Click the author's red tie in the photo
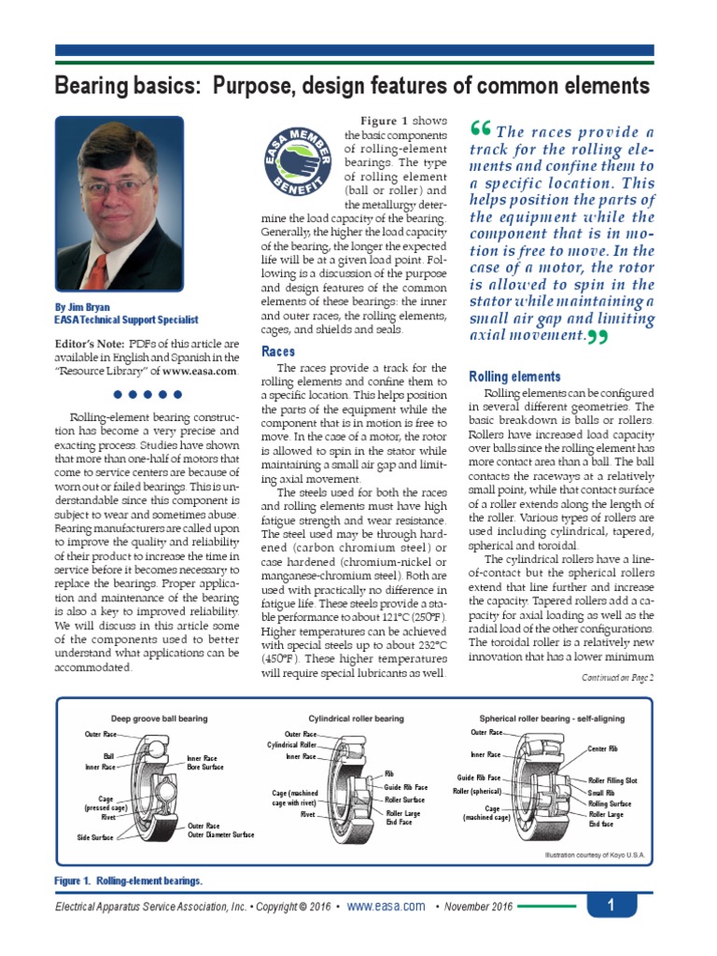(97, 272)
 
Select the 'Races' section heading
(278, 352)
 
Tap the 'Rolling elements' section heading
(514, 376)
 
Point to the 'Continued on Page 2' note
(618, 678)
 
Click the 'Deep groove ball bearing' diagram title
(160, 719)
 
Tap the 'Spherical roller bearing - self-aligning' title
(552, 719)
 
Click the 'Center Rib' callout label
(603, 749)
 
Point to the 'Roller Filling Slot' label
(612, 780)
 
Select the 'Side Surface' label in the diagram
(95, 838)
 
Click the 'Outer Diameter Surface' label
(220, 835)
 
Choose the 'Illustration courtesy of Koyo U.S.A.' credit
(593, 854)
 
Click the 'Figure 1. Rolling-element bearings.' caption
(129, 880)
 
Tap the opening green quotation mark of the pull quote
(482, 131)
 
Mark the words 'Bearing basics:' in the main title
(128, 87)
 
